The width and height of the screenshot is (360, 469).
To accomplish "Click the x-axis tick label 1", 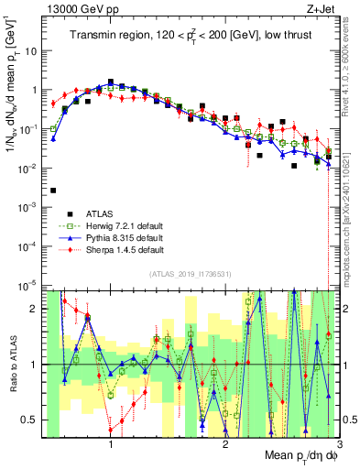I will pyautogui.click(x=111, y=443).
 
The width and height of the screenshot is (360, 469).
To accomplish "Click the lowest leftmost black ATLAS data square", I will pyautogui.click(x=53, y=191).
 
